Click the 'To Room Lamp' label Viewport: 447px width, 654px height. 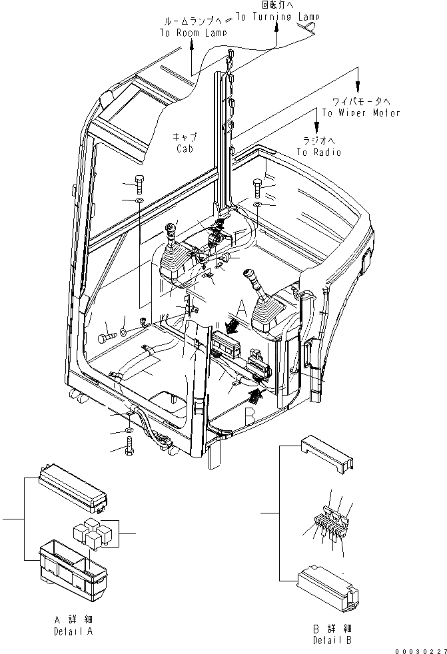point(193,32)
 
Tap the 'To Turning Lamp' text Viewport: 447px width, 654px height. point(275,17)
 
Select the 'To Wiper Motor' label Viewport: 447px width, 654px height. point(361,113)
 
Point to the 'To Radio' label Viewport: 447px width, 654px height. point(318,152)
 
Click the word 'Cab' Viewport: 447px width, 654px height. point(185,149)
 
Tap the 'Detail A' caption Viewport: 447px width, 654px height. point(75,630)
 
